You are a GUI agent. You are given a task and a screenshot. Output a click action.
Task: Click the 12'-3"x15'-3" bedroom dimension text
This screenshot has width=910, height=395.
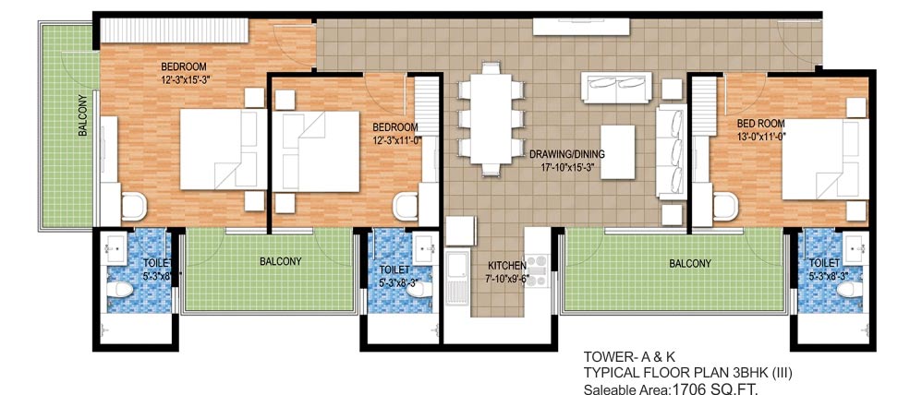coord(184,80)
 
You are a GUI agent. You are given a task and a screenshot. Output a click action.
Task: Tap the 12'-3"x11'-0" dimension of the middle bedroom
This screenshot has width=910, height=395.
coord(395,140)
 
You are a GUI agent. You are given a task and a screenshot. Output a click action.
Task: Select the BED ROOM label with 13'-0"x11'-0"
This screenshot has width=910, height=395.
coord(760,123)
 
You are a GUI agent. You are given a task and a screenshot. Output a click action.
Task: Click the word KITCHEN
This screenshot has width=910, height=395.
coord(507,265)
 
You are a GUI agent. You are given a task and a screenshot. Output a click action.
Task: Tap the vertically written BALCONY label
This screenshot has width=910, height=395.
coord(82,116)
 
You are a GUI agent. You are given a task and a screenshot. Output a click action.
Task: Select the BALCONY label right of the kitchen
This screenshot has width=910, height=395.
coord(690,263)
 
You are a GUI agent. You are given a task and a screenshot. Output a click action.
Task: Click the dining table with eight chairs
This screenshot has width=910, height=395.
coord(490,117)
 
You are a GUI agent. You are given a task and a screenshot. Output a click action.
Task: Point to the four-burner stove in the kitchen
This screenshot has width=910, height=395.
coord(537,271)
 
